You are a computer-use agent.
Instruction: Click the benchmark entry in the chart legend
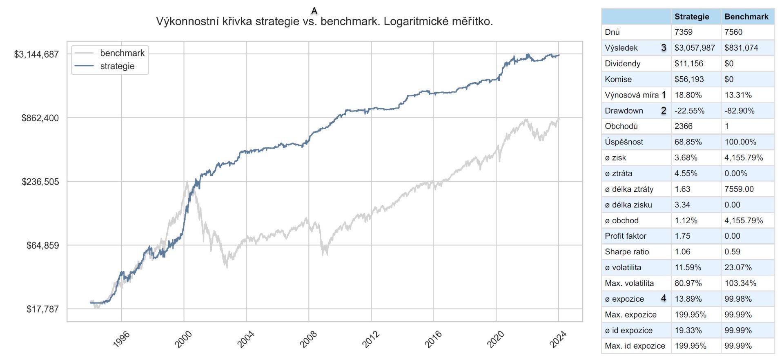click(x=122, y=53)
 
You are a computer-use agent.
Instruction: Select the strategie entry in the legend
click(x=117, y=66)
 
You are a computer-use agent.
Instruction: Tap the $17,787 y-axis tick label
click(x=42, y=309)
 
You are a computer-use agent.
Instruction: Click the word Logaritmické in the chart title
click(x=410, y=22)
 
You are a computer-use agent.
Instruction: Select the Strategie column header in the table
click(x=692, y=17)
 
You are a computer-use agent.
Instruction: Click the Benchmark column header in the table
click(x=746, y=17)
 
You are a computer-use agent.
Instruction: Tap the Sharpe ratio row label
click(x=627, y=252)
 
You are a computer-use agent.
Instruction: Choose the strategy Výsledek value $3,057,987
click(x=695, y=48)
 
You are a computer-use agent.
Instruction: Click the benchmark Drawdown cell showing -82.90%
click(x=739, y=111)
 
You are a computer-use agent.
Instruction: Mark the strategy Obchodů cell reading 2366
click(x=684, y=126)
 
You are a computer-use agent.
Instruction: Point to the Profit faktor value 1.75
click(x=682, y=236)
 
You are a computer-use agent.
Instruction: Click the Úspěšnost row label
click(x=624, y=142)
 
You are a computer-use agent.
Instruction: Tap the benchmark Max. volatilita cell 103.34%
click(x=740, y=283)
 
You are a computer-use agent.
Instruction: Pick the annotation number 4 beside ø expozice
click(x=664, y=298)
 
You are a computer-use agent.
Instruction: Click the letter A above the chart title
click(x=314, y=11)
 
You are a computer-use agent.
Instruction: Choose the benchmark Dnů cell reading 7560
click(x=733, y=32)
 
